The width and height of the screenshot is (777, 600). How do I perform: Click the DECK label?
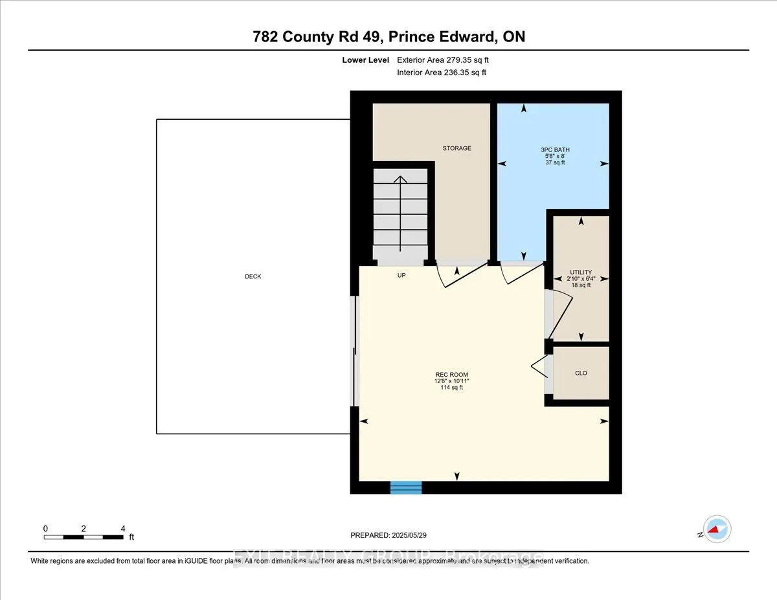pyautogui.click(x=253, y=276)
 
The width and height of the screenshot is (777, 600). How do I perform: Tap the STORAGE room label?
pyautogui.click(x=456, y=148)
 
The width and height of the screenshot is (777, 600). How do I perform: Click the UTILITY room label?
pyautogui.click(x=581, y=272)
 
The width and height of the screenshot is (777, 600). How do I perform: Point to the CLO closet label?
pyautogui.click(x=581, y=373)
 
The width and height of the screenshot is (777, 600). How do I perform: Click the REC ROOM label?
pyautogui.click(x=451, y=375)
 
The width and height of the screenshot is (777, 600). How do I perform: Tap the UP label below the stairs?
pyautogui.click(x=401, y=275)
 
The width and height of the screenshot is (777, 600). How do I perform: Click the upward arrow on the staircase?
pyautogui.click(x=400, y=214)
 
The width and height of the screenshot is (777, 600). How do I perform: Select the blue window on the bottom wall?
pyautogui.click(x=406, y=487)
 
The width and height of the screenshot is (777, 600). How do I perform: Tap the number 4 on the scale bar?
pyautogui.click(x=123, y=528)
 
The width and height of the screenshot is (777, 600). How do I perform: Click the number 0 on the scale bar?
pyautogui.click(x=45, y=528)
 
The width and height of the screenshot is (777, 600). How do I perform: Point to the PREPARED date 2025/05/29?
pyautogui.click(x=388, y=535)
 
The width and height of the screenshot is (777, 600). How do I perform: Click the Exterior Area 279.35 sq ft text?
pyautogui.click(x=447, y=60)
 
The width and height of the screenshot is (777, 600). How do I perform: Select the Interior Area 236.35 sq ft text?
pyautogui.click(x=441, y=72)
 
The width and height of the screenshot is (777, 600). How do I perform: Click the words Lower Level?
pyautogui.click(x=365, y=60)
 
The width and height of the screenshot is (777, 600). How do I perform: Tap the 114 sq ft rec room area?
pyautogui.click(x=451, y=388)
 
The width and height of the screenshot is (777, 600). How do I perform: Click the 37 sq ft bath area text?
pyautogui.click(x=555, y=162)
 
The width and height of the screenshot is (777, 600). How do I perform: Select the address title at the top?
pyautogui.click(x=388, y=37)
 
